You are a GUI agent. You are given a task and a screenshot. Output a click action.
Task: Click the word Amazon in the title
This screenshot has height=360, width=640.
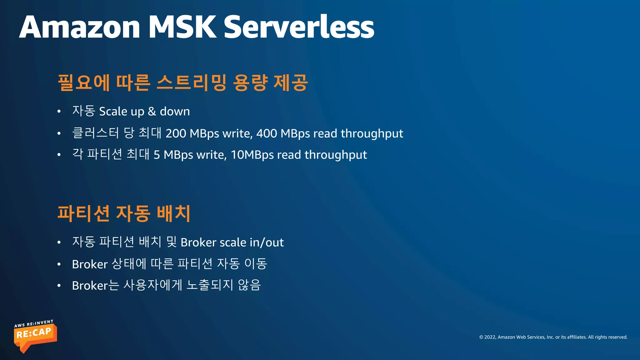tap(80, 27)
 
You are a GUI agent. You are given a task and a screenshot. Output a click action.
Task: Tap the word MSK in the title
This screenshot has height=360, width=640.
tap(182, 27)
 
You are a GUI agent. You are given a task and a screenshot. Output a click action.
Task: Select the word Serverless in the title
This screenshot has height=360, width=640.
tap(299, 27)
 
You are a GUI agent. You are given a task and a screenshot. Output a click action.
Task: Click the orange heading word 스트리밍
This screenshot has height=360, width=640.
tap(191, 82)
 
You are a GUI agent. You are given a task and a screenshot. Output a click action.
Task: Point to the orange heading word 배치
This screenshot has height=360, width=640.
tap(173, 213)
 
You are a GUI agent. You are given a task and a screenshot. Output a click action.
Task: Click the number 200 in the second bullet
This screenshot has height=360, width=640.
tap(176, 133)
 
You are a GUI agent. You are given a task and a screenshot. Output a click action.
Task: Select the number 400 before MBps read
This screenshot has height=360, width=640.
tap(267, 133)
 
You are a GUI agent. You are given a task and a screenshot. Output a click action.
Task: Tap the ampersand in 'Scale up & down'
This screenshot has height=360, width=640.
tap(152, 111)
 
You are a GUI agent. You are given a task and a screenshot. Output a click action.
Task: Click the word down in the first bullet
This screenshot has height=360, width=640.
tap(175, 111)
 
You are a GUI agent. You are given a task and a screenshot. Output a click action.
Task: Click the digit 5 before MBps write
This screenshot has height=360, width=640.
tap(157, 155)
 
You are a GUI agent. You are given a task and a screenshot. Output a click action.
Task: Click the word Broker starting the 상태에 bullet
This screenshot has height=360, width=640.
tap(90, 264)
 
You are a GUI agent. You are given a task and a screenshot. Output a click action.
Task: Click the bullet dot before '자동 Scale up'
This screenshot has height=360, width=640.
tap(59, 112)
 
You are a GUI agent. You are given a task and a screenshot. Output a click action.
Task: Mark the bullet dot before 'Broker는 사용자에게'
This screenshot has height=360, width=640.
tap(59, 286)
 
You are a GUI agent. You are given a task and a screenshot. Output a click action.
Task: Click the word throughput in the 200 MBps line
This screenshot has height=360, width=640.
tap(372, 134)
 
